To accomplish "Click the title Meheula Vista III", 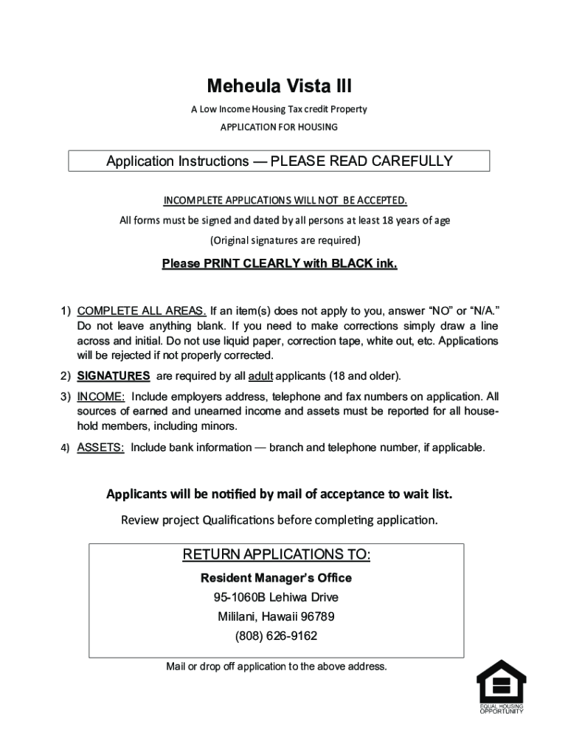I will pyautogui.click(x=279, y=88).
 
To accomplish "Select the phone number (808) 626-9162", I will pyautogui.click(x=276, y=636).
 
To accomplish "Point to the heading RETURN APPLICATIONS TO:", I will pyautogui.click(x=276, y=554).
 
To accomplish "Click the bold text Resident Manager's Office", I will pyautogui.click(x=276, y=578).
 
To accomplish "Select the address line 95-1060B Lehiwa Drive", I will pyautogui.click(x=276, y=597).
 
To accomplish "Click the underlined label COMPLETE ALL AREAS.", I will pyautogui.click(x=142, y=310).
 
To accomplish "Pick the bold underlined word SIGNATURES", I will pyautogui.click(x=114, y=376).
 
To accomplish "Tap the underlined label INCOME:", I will pyautogui.click(x=100, y=397).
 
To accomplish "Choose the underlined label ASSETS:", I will pyautogui.click(x=100, y=448).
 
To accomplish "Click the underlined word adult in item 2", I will pyautogui.click(x=261, y=376).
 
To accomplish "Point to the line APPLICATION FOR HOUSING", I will pyautogui.click(x=279, y=127).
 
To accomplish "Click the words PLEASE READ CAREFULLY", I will pyautogui.click(x=361, y=161).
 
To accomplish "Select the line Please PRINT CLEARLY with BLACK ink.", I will pyautogui.click(x=279, y=263).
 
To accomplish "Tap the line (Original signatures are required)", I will pyautogui.click(x=285, y=240).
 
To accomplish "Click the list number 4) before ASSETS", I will pyautogui.click(x=65, y=448).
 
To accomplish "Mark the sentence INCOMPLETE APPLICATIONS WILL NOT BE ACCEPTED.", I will pyautogui.click(x=285, y=201).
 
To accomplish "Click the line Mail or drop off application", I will pyautogui.click(x=276, y=667).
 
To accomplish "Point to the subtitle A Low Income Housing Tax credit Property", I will pyautogui.click(x=279, y=109).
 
